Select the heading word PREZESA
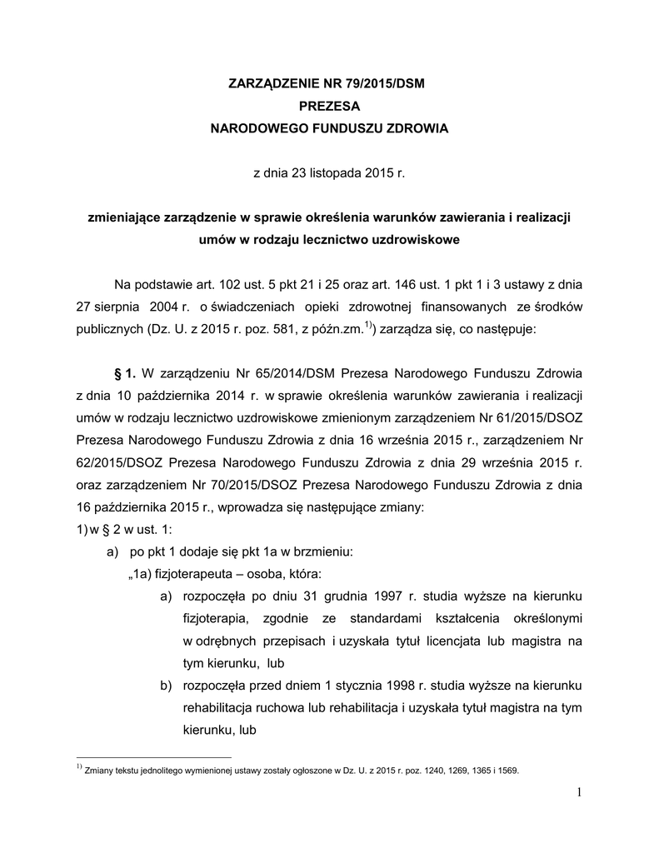(329, 107)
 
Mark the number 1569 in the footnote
(507, 771)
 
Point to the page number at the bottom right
(577, 791)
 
